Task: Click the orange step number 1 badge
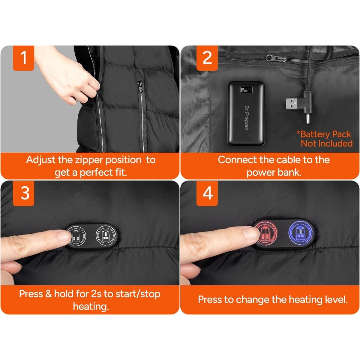(x=23, y=58)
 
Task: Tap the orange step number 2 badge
(x=207, y=58)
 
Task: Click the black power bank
(x=246, y=114)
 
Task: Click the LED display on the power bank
(x=246, y=90)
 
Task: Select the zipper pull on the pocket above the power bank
(x=276, y=58)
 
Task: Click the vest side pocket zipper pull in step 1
(x=140, y=87)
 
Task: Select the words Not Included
(x=327, y=143)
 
